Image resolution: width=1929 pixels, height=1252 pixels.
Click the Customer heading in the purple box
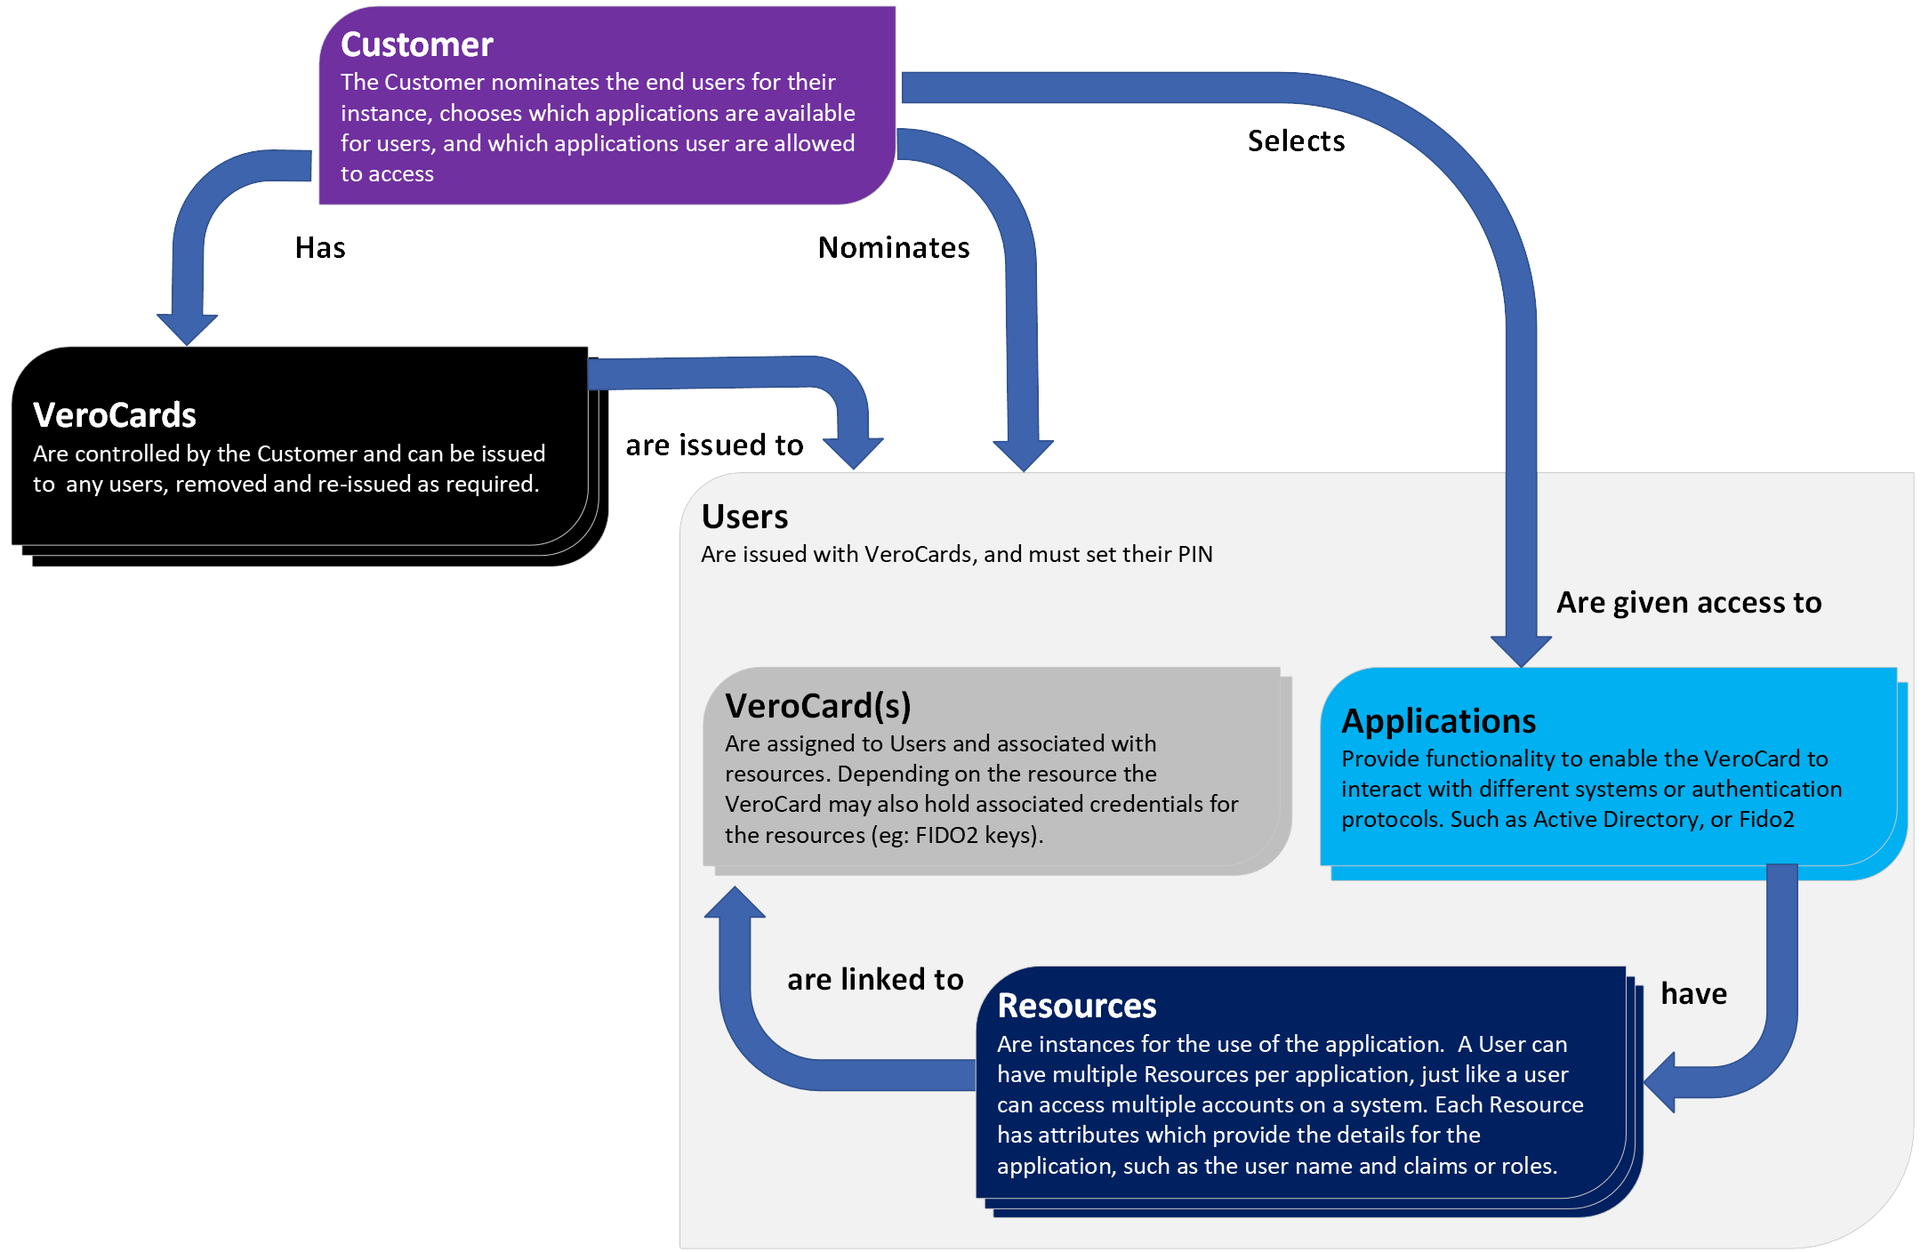coord(416,44)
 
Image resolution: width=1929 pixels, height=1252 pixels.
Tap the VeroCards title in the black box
coord(115,415)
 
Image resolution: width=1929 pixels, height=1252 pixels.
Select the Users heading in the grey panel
coord(744,517)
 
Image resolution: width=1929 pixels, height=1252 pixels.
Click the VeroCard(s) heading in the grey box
coord(818,706)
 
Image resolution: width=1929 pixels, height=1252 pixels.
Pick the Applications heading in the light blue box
coord(1438,721)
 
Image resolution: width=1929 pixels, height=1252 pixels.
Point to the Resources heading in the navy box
coord(1076,1006)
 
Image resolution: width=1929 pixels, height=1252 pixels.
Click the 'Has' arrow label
coord(320,247)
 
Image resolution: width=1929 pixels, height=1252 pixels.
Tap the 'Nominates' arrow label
coord(894,247)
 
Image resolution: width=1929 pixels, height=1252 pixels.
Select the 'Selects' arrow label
coord(1296,141)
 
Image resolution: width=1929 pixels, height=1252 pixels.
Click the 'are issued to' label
coord(714,445)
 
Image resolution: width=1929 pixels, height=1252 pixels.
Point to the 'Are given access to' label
coord(1689,603)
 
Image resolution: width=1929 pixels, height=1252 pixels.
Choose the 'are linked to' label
coord(875,979)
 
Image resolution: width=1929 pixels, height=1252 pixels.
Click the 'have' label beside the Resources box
coord(1693,993)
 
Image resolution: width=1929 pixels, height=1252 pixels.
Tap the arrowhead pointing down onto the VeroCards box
coord(187,329)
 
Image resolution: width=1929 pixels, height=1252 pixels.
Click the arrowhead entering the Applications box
coord(1521,651)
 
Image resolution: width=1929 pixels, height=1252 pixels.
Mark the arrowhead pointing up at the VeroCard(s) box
coord(735,903)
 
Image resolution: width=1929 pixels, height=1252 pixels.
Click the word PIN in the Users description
coord(1195,555)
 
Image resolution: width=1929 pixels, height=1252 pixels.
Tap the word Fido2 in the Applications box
coord(1766,819)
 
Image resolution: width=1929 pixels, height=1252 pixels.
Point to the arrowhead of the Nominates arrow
coord(1024,455)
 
